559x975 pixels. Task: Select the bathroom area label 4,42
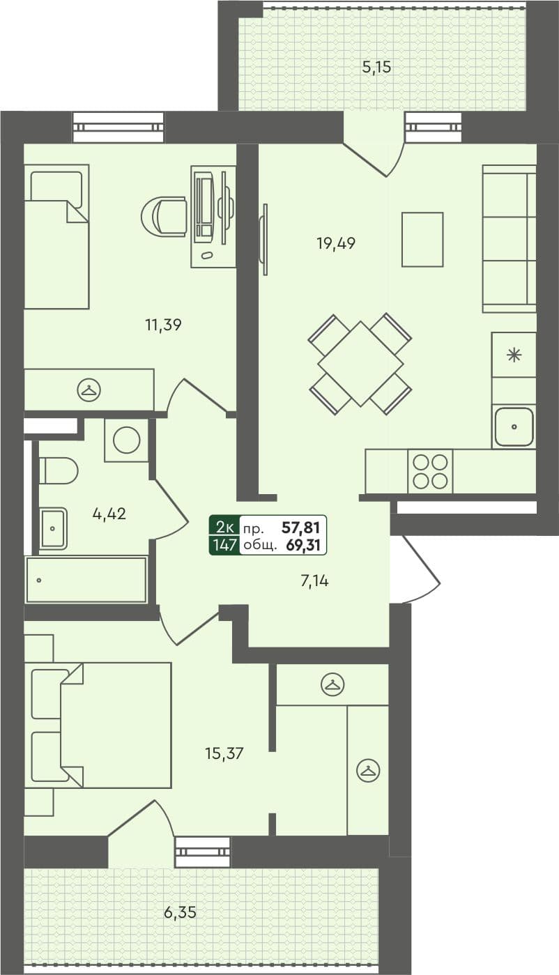point(109,514)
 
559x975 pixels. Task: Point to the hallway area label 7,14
point(314,581)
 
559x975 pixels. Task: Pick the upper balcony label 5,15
point(376,68)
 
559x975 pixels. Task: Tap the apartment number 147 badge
point(224,545)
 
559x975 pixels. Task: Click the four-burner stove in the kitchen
point(430,470)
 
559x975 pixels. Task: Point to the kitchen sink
point(514,426)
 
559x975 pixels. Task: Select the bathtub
point(86,580)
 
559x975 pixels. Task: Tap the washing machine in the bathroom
point(127,440)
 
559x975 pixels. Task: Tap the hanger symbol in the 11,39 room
point(88,390)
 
